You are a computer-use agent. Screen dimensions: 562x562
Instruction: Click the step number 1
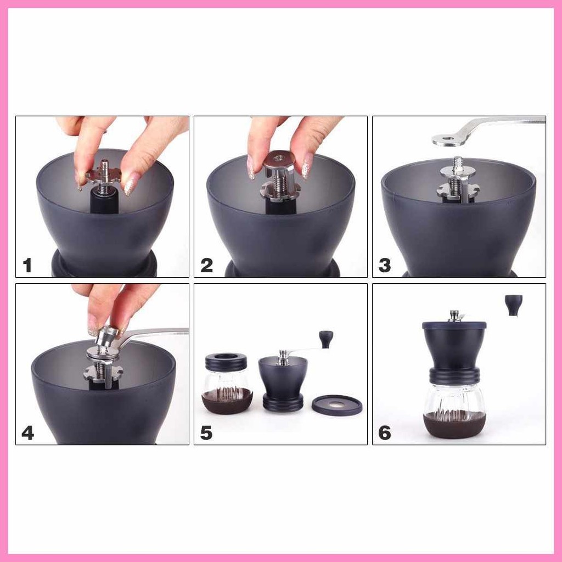[27, 266]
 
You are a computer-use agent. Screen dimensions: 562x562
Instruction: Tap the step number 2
[206, 266]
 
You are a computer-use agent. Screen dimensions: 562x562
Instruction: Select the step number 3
[385, 266]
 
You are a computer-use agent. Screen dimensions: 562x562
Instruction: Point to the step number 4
[27, 433]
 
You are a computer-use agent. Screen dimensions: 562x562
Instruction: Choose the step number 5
[206, 433]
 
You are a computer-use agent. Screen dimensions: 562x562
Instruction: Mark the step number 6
[385, 433]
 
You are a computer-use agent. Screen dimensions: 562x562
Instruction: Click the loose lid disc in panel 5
[337, 405]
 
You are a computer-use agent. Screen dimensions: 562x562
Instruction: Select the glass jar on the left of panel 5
[227, 383]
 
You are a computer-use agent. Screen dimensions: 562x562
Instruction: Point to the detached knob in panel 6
[514, 305]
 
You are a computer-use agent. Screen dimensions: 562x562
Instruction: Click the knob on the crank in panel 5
[326, 339]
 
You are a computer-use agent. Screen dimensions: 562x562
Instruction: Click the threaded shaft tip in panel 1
[105, 166]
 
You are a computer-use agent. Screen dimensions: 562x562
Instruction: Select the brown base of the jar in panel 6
[454, 425]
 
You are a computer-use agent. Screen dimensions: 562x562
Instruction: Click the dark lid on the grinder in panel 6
[454, 325]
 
